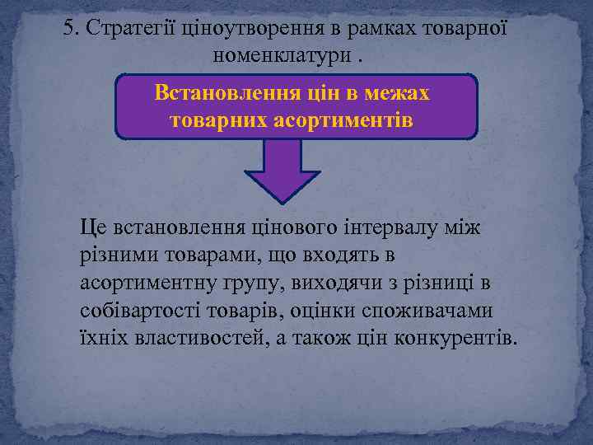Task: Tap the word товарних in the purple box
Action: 216,120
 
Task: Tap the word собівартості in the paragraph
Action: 133,311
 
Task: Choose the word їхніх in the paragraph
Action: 100,339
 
